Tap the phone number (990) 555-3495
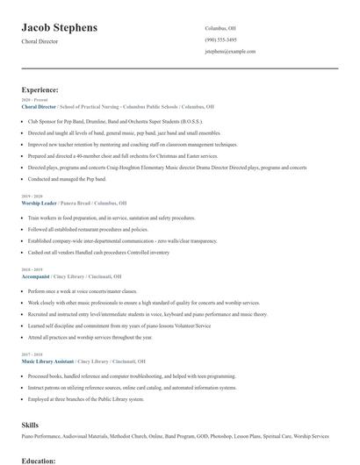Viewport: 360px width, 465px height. (x=220, y=39)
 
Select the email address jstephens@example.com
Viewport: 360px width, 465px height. (x=230, y=52)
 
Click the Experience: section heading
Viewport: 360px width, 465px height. (x=40, y=89)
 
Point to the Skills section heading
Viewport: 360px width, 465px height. (x=30, y=425)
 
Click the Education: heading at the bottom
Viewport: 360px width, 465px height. (x=39, y=461)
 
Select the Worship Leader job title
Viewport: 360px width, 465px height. (x=39, y=203)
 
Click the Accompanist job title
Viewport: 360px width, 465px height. (x=37, y=276)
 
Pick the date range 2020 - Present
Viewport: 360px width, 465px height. (x=34, y=100)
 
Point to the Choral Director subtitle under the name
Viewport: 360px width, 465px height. (x=40, y=41)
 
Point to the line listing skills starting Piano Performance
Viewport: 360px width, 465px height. (x=175, y=435)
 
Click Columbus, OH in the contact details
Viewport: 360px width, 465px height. (x=221, y=27)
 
